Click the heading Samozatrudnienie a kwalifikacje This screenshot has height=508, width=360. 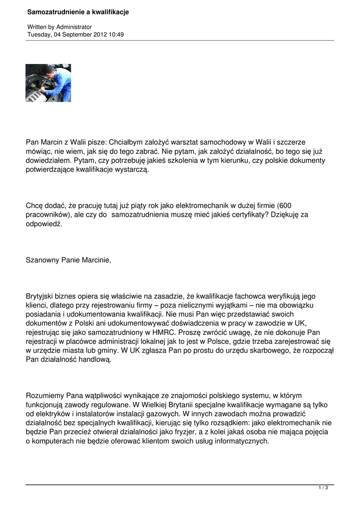click(78, 11)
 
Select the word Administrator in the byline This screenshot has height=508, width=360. click(74, 27)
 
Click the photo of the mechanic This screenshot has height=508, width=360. click(48, 83)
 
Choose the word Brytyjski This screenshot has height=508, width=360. click(42, 296)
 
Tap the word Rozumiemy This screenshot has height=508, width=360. click(46, 395)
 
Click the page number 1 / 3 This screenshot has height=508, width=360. click(323, 488)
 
